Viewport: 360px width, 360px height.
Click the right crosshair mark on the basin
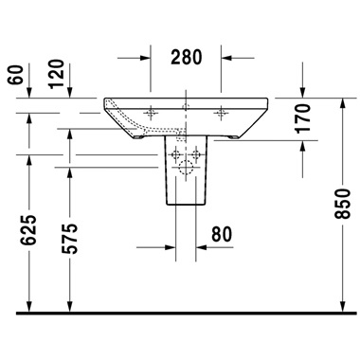point(223,113)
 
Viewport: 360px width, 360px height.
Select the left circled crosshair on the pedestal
point(176,153)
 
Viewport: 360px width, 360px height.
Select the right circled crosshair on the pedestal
point(197,153)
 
